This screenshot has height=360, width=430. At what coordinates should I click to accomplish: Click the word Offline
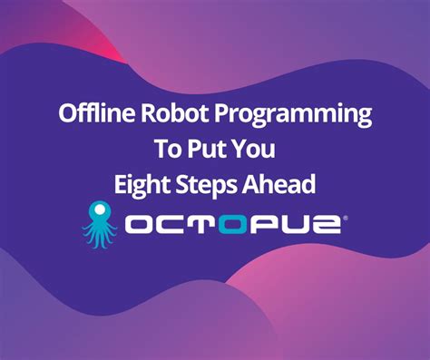click(x=91, y=114)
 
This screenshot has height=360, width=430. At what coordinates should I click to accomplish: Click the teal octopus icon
click(x=98, y=223)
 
